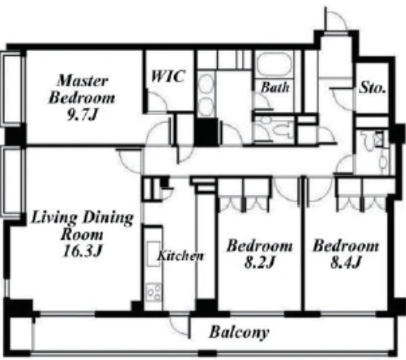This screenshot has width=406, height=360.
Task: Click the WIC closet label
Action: pyautogui.click(x=168, y=77)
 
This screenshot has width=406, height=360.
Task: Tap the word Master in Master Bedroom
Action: pyautogui.click(x=83, y=81)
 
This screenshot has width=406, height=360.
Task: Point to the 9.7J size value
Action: pyautogui.click(x=82, y=115)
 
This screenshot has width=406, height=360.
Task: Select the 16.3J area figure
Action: pyautogui.click(x=83, y=251)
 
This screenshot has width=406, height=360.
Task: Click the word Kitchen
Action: pyautogui.click(x=180, y=255)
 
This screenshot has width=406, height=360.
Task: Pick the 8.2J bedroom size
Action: pyautogui.click(x=259, y=263)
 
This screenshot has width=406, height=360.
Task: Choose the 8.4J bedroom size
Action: pyautogui.click(x=345, y=262)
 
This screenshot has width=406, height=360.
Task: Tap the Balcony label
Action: pyautogui.click(x=239, y=332)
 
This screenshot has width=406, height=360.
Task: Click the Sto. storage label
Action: pyautogui.click(x=372, y=87)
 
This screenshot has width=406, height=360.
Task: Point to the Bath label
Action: pyautogui.click(x=275, y=87)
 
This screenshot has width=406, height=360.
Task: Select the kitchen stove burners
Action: pyautogui.click(x=154, y=292)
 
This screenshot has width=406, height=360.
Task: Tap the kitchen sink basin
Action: pyautogui.click(x=153, y=254)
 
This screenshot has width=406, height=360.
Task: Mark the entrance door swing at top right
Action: pyautogui.click(x=336, y=19)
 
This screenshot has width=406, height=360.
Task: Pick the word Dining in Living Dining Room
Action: pyautogui.click(x=108, y=218)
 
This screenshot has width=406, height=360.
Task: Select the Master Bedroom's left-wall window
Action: pyautogui.click(x=13, y=89)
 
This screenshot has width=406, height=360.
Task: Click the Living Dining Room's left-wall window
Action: pyautogui.click(x=13, y=181)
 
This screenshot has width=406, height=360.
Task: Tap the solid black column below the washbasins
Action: pyautogui.click(x=206, y=133)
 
